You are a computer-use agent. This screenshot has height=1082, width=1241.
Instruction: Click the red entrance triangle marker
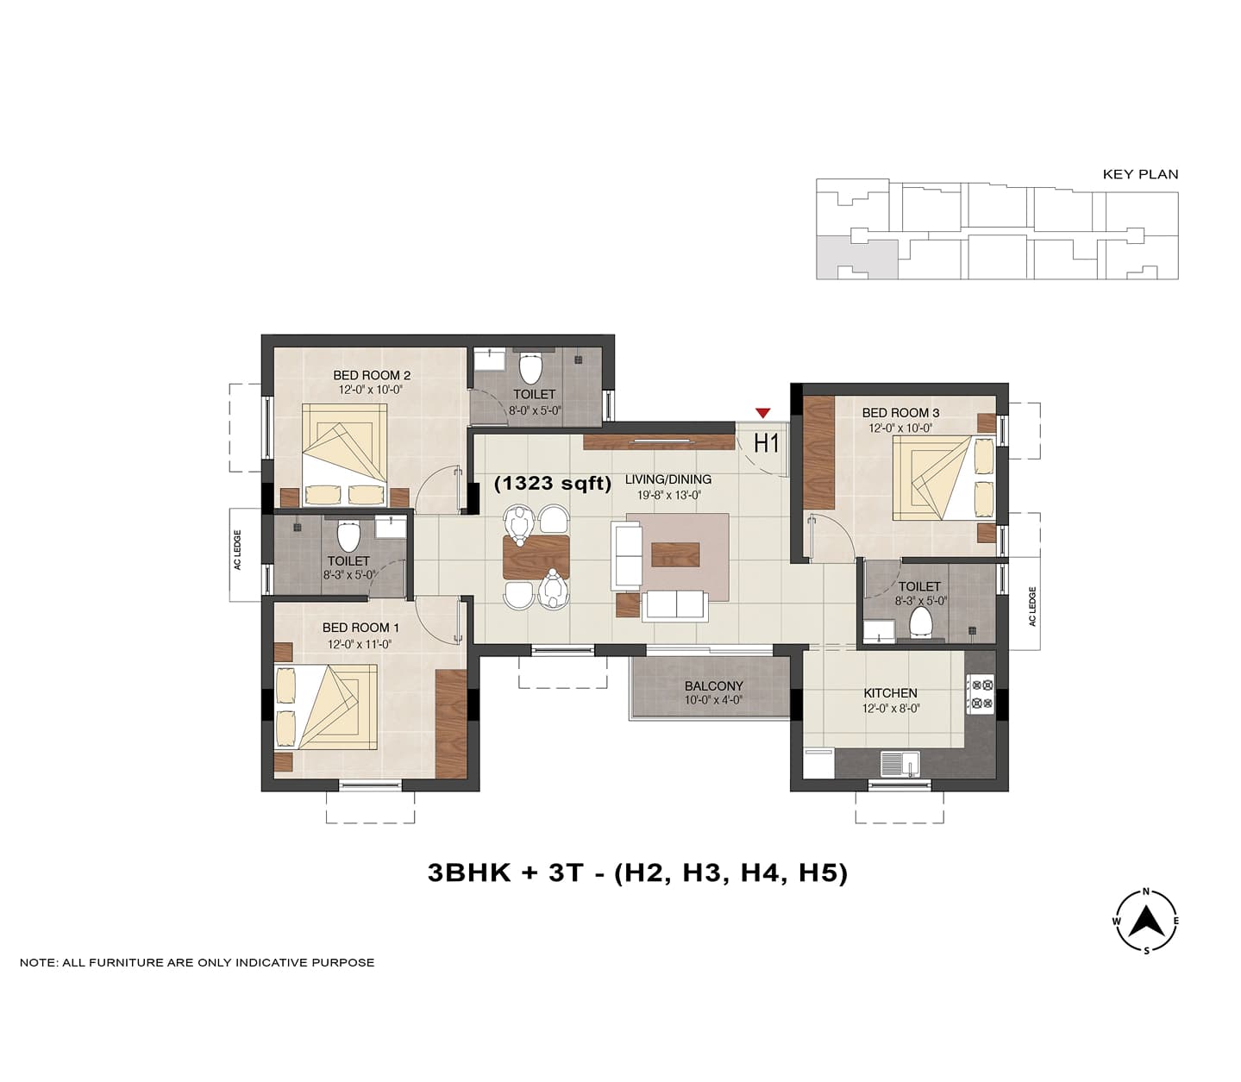point(762,413)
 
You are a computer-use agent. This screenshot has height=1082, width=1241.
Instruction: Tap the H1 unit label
point(766,443)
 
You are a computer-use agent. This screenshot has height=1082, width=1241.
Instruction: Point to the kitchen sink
point(900,764)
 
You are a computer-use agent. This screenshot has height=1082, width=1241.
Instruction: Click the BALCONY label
point(713,686)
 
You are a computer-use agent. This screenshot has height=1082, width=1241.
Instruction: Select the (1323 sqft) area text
point(553,483)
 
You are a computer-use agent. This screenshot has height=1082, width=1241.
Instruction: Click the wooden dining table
point(536,556)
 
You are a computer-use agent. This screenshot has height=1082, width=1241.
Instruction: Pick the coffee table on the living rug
point(676,554)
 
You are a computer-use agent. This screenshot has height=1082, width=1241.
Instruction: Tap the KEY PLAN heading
point(1140,174)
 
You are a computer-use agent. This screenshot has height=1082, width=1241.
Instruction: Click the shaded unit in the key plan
point(857,259)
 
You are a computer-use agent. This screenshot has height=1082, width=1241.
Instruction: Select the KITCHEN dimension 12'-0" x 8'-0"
point(891,708)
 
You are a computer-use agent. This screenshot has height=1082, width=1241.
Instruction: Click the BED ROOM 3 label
point(900,413)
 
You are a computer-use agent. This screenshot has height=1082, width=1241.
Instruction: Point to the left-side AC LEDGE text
point(237,550)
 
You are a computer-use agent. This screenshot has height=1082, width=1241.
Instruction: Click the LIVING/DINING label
point(668,478)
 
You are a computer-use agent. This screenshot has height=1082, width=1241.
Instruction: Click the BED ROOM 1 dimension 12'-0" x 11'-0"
point(359,644)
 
